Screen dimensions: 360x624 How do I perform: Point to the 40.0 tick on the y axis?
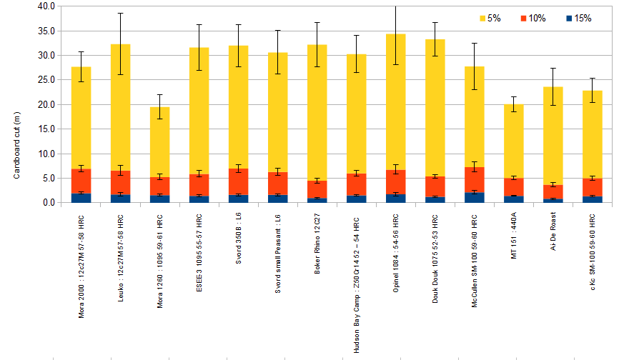[46, 6]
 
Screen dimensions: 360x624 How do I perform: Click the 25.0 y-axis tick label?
[46, 79]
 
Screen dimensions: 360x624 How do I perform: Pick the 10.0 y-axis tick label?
[46, 154]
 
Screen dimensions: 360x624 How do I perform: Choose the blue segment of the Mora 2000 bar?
[81, 198]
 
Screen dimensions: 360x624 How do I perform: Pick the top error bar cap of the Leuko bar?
[121, 13]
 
